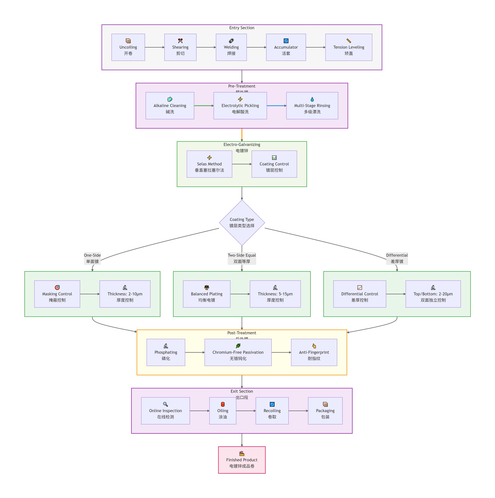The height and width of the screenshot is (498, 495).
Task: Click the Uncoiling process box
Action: click(128, 47)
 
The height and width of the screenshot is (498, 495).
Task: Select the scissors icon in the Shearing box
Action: click(180, 41)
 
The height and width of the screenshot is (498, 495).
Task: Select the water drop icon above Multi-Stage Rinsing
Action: click(312, 99)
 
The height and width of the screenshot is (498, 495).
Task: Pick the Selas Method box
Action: click(209, 164)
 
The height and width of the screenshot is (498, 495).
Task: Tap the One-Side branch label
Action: click(92, 258)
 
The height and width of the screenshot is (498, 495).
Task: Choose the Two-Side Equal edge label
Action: click(242, 258)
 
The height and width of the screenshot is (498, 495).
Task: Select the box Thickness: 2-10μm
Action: click(125, 294)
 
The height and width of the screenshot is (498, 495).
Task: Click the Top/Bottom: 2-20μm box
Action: click(433, 294)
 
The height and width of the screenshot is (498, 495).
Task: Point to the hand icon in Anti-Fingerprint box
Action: click(314, 346)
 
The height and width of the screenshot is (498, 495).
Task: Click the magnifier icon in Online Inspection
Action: click(165, 404)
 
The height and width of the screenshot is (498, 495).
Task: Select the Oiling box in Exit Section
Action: click(223, 411)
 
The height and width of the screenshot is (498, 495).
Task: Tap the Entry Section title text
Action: click(242, 28)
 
